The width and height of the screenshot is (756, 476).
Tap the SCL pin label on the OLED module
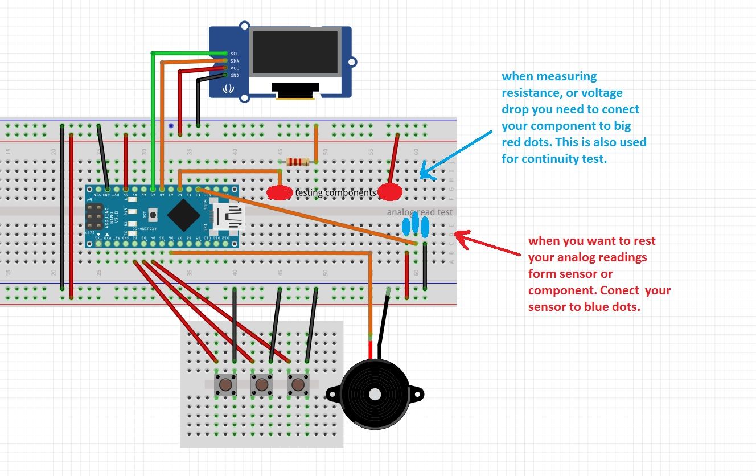pos(235,53)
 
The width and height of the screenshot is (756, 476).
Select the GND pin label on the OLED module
pos(235,75)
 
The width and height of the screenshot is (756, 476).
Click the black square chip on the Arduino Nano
pos(183,216)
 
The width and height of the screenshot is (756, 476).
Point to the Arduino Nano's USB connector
pos(226,218)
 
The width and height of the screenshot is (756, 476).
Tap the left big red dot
pos(280,193)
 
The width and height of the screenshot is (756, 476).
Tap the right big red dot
pos(391,192)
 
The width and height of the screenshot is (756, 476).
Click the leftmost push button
pos(225,385)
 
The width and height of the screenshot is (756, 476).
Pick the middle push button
pos(262,385)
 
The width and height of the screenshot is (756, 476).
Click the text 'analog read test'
pos(420,212)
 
